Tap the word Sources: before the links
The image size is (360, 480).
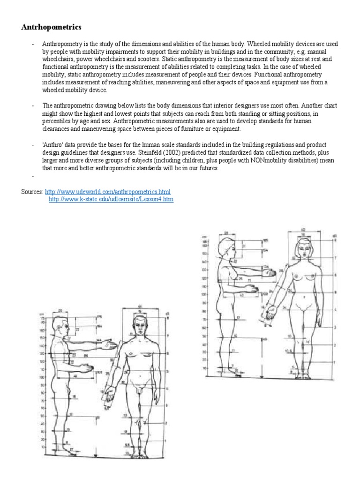click(32, 192)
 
